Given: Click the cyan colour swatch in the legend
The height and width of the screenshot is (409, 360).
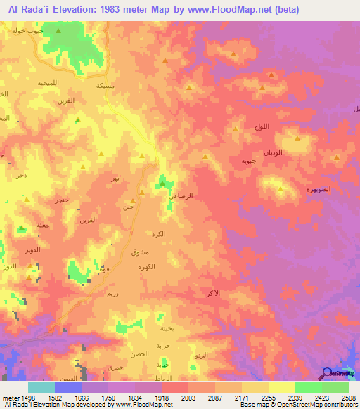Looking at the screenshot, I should click(41, 388).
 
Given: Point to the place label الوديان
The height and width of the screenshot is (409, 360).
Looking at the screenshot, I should click(274, 152).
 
